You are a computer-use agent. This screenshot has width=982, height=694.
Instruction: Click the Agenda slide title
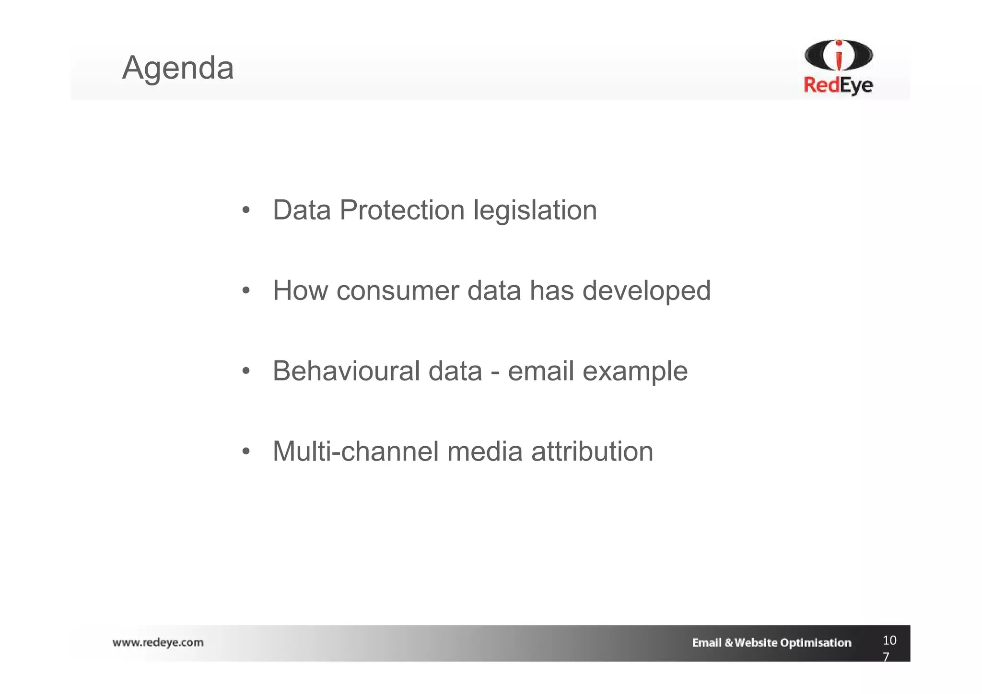(x=178, y=68)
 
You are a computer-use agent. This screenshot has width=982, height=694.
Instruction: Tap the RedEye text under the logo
(x=838, y=86)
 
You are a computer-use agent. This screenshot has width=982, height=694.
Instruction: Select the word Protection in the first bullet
(x=402, y=210)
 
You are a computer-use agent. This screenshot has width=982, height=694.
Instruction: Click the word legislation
(x=535, y=210)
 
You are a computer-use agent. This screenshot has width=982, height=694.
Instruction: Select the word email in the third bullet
(x=540, y=371)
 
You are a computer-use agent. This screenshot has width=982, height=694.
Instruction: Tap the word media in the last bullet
(x=484, y=451)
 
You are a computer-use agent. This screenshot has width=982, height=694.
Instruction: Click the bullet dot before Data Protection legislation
(x=246, y=210)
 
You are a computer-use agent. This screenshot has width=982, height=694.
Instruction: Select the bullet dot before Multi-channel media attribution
(x=246, y=451)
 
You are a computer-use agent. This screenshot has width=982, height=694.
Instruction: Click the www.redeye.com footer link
(x=158, y=643)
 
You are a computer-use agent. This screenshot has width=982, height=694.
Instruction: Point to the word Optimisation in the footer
(x=815, y=643)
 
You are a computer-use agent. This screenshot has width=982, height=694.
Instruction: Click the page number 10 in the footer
(x=889, y=640)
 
